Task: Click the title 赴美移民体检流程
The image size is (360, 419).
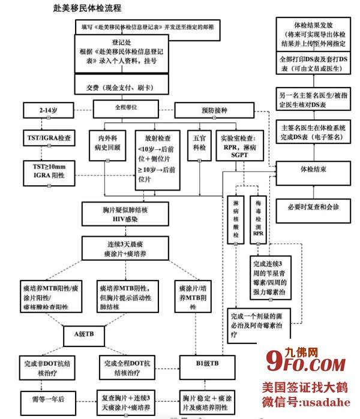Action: coord(87,8)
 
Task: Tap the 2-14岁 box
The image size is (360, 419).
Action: coord(47,110)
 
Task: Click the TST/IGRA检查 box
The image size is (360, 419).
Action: coord(47,137)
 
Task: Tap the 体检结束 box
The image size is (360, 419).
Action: coord(313,169)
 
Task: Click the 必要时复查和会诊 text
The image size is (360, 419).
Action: coord(313,207)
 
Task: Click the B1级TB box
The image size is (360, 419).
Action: coord(206,363)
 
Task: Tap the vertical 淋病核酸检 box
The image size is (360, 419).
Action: coord(236,219)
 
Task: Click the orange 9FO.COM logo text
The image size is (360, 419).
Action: coord(305,363)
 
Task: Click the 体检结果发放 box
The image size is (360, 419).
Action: coord(313,35)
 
